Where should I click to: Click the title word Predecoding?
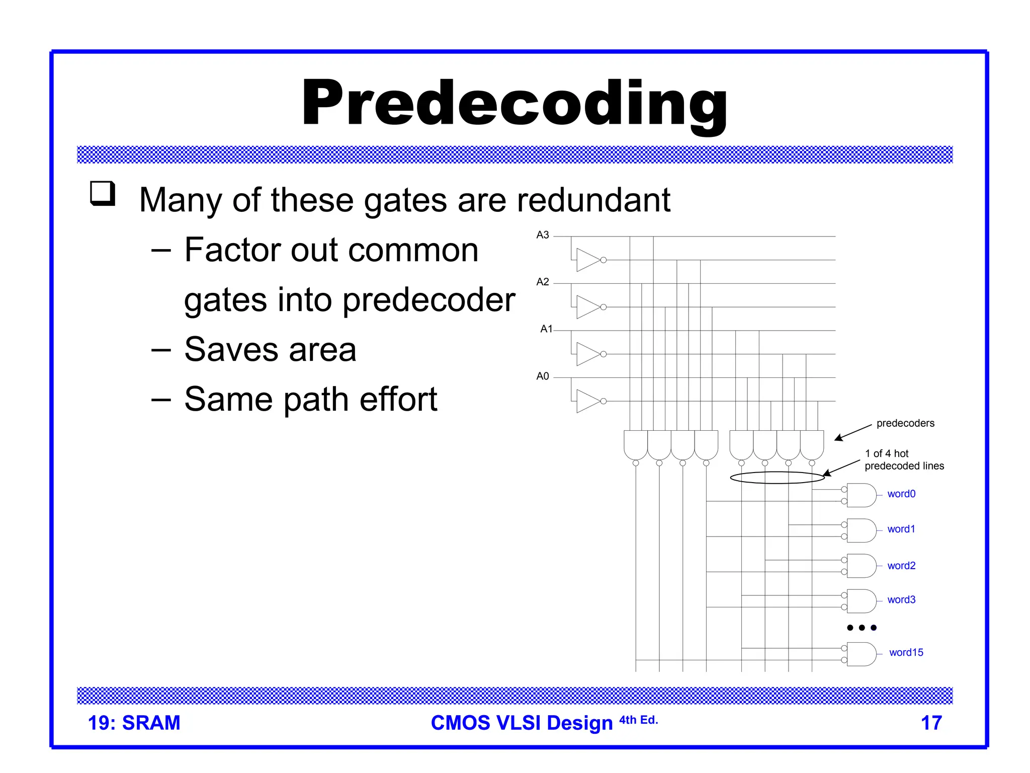click(x=514, y=105)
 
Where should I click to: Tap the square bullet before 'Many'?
click(x=103, y=194)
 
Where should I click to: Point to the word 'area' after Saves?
click(x=322, y=350)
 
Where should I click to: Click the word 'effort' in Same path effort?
click(x=398, y=400)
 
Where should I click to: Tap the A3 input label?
click(x=542, y=235)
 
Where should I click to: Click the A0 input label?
click(x=542, y=376)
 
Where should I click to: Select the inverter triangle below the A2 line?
click(x=587, y=307)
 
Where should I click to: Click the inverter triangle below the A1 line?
click(x=587, y=354)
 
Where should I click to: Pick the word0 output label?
click(x=901, y=494)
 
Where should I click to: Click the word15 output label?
click(x=906, y=653)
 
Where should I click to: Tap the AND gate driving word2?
click(x=861, y=566)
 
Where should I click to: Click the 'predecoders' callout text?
click(x=905, y=423)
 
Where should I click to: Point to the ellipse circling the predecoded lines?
click(x=777, y=478)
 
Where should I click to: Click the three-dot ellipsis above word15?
click(x=862, y=628)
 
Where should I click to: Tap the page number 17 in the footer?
click(x=931, y=723)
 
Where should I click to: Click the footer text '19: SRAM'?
click(x=134, y=723)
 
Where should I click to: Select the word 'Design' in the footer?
click(x=579, y=723)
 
